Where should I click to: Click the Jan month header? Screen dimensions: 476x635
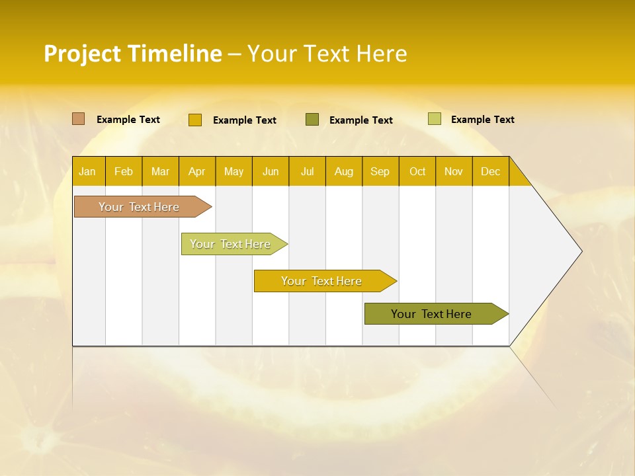click(88, 171)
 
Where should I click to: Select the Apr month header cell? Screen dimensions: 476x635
click(197, 171)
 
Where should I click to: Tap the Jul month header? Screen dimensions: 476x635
click(307, 171)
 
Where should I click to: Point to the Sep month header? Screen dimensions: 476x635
click(380, 171)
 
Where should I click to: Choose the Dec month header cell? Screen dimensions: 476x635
click(490, 171)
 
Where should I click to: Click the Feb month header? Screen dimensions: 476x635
click(124, 171)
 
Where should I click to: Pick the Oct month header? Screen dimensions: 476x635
click(417, 171)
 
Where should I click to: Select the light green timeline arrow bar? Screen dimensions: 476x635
click(232, 244)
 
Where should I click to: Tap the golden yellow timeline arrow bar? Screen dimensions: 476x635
click(322, 281)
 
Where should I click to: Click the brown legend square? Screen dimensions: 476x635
click(79, 119)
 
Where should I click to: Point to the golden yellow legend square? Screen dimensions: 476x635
click(195, 120)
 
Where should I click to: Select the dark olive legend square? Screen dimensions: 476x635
click(312, 120)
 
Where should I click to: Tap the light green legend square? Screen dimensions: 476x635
click(435, 119)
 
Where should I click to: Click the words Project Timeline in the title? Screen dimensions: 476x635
click(133, 54)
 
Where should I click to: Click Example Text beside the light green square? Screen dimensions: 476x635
click(482, 120)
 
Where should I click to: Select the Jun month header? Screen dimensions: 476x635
click(271, 171)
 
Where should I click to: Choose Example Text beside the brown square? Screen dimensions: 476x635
click(128, 120)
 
